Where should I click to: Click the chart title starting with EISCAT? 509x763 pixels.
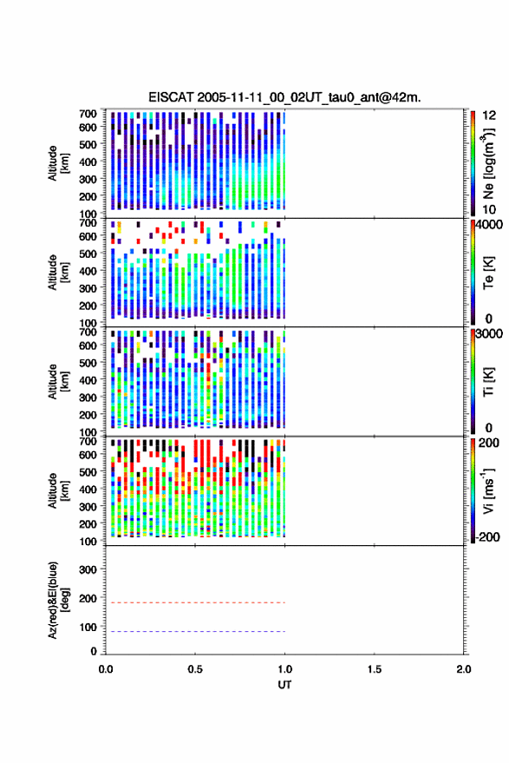tap(284, 97)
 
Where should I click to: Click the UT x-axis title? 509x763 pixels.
tap(284, 685)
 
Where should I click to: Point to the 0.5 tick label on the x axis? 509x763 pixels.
tap(195, 669)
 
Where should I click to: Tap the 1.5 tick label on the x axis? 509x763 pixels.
tap(375, 669)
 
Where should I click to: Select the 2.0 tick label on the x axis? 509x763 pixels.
tap(464, 669)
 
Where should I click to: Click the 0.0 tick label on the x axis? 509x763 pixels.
tap(106, 669)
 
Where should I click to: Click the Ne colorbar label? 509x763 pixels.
tap(489, 163)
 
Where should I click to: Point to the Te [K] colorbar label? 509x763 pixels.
tap(488, 273)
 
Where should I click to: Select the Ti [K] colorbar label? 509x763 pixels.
tap(488, 383)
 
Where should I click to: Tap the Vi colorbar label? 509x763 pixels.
tap(488, 491)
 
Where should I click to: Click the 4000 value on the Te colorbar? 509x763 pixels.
tap(489, 225)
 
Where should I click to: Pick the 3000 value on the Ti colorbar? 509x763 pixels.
tap(489, 334)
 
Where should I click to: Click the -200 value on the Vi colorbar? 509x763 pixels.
tap(487, 537)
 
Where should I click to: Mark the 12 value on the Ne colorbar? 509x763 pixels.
tap(489, 115)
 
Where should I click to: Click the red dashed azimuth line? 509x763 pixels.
tap(195, 603)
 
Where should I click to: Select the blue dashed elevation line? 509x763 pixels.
tap(195, 632)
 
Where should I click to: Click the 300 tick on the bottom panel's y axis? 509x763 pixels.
tap(88, 569)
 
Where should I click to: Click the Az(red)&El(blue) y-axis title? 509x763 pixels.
tap(59, 600)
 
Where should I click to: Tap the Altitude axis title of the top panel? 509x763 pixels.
tap(58, 163)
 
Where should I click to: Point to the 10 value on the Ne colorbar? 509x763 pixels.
tap(489, 210)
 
